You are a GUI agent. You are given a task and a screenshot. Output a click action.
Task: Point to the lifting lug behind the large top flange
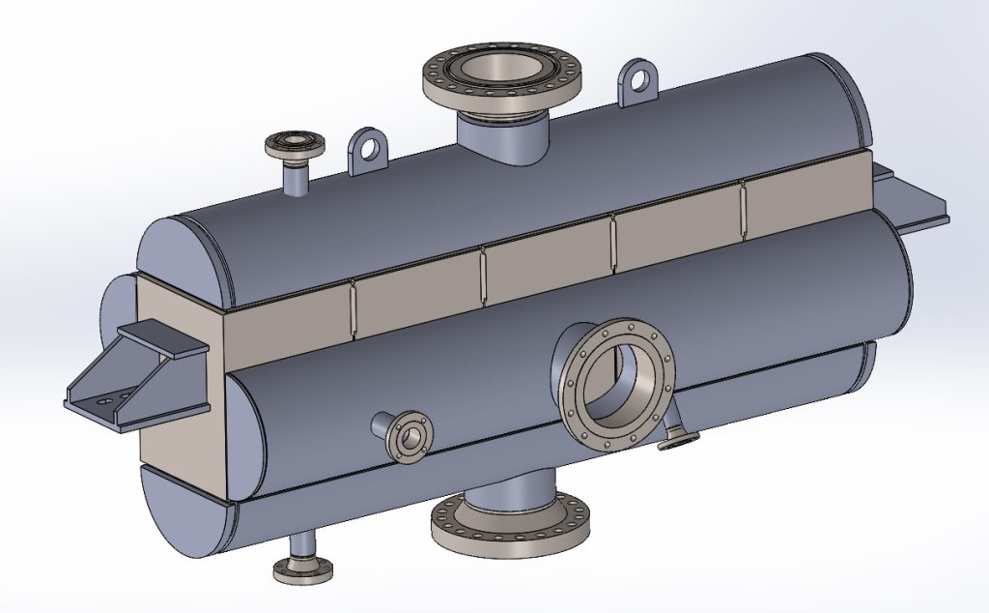tap(638, 81)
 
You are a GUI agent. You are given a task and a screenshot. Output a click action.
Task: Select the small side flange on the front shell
tap(408, 437)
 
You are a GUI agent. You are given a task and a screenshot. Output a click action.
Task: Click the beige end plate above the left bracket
tap(179, 309)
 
